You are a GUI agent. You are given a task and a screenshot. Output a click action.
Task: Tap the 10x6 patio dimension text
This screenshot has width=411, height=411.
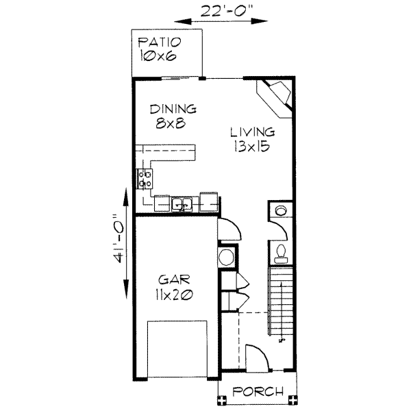tap(158, 56)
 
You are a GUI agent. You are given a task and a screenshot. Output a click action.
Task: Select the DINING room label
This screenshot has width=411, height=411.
tap(174, 109)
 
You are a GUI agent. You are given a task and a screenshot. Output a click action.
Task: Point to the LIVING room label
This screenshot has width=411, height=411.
tap(252, 132)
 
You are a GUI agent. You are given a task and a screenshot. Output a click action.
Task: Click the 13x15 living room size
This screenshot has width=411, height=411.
tap(252, 145)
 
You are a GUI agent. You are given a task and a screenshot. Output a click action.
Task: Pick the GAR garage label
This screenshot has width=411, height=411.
tap(174, 280)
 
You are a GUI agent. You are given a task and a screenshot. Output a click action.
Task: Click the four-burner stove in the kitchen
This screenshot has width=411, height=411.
tap(146, 179)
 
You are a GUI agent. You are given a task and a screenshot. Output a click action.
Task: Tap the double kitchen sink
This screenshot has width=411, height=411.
tap(182, 203)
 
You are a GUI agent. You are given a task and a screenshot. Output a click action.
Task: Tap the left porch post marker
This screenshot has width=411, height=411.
tap(221, 399)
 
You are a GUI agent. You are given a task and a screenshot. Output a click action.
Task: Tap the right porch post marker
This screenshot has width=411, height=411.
tap(294, 399)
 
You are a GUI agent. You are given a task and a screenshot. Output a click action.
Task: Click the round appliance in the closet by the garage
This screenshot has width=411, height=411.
tap(226, 258)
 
